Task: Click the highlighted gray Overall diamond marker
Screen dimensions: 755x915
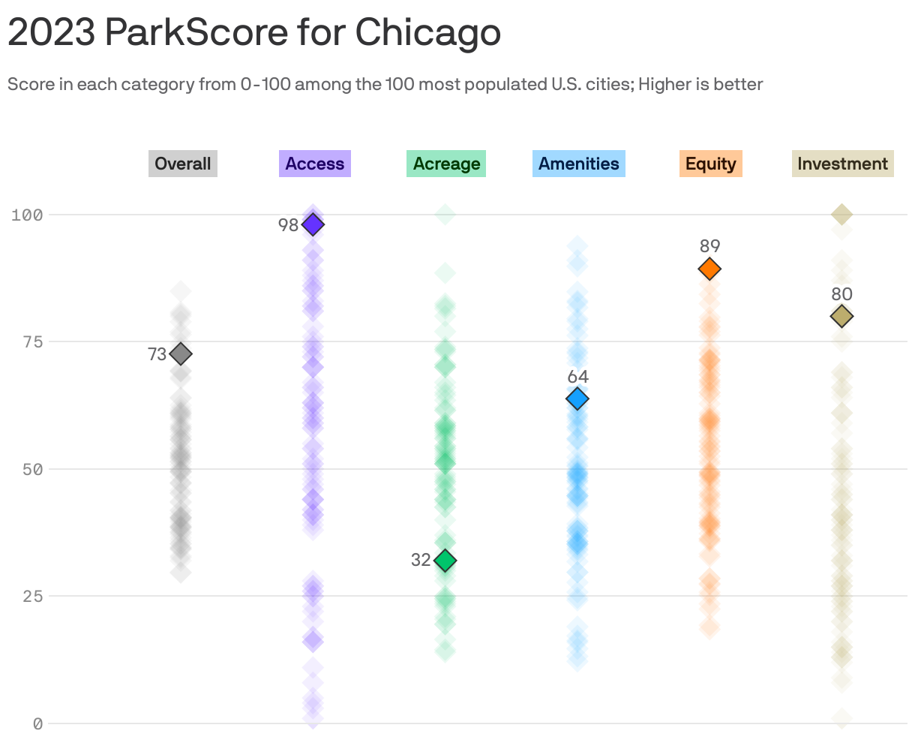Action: [181, 353]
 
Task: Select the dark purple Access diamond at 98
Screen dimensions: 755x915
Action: [313, 224]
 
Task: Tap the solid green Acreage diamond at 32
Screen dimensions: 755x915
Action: [445, 560]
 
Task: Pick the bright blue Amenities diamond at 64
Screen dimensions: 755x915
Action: [577, 399]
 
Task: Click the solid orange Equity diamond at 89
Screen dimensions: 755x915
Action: [709, 269]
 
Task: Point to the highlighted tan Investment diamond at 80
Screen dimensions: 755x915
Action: [841, 317]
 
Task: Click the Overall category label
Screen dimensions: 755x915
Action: [182, 164]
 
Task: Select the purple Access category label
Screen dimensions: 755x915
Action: [314, 164]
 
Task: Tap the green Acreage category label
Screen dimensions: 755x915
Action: [446, 164]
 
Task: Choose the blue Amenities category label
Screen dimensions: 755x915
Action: [578, 164]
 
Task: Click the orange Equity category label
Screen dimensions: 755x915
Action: [710, 164]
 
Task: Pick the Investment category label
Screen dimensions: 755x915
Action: [842, 164]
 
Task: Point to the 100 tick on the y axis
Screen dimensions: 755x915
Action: [27, 215]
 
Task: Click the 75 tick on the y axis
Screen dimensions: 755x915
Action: [31, 341]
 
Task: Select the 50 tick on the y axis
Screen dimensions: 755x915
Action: [31, 469]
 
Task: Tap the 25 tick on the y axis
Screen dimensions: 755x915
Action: [31, 596]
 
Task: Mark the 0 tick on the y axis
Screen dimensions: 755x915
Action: [37, 723]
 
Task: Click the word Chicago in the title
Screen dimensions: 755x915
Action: [427, 32]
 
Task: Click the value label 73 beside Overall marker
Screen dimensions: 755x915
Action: [157, 354]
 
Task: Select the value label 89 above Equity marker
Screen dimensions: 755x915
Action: [709, 246]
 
